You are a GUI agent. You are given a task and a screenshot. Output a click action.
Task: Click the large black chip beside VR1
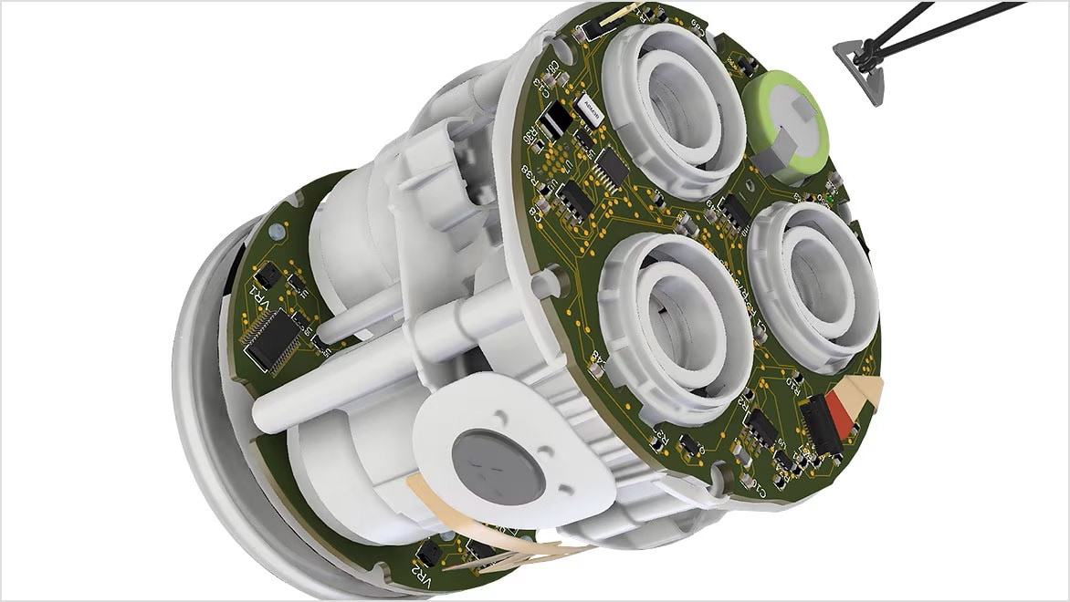275,337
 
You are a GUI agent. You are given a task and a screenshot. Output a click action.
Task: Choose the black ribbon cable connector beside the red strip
819,429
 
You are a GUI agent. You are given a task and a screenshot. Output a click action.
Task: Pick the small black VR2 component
430,553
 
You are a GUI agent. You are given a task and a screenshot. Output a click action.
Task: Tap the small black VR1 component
267,275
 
